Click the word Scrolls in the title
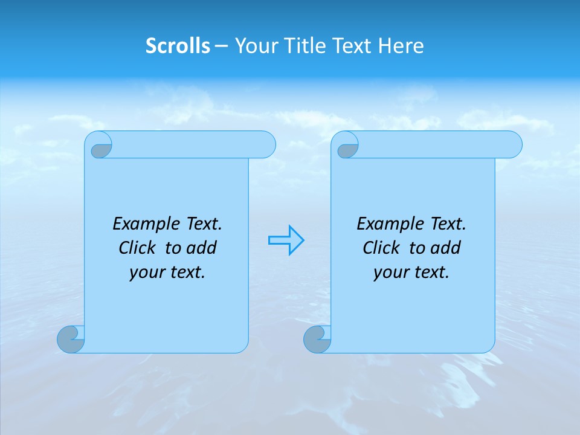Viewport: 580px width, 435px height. (178, 46)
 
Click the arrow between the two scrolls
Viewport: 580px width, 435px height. (286, 240)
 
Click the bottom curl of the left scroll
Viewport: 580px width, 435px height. (71, 339)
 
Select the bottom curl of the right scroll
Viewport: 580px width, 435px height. (318, 339)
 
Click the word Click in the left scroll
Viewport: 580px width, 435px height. (138, 248)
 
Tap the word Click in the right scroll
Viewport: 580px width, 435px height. (382, 248)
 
